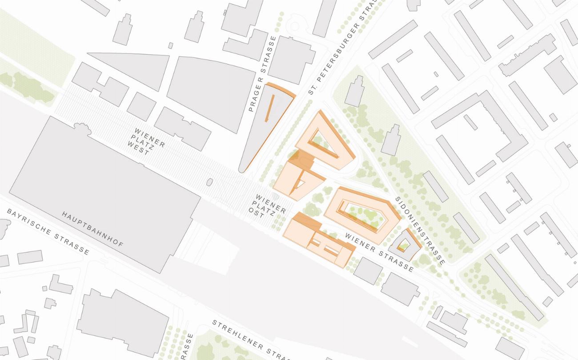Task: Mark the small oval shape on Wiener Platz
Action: pyautogui.click(x=210, y=182)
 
